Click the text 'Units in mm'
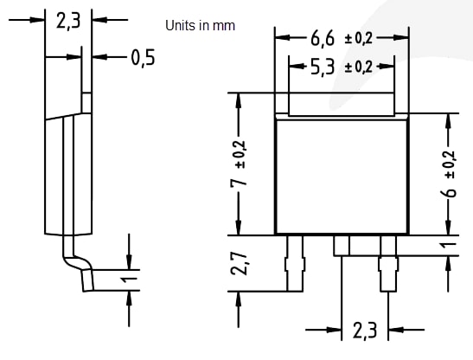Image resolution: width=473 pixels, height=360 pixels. click(200, 26)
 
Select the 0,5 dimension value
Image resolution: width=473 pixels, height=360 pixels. click(144, 58)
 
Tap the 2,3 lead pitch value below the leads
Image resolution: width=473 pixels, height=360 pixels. click(364, 331)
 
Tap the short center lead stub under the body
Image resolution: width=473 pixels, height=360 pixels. click(342, 245)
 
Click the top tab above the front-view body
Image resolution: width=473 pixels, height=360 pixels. click(342, 105)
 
